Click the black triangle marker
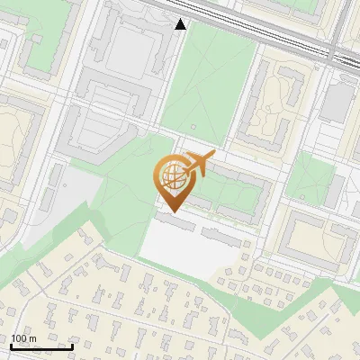click(181, 24)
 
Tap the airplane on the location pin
click(200, 163)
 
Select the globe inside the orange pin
click(172, 177)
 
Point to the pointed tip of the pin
click(172, 211)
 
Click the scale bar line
click(41, 346)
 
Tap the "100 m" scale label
click(23, 338)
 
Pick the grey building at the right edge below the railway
click(338, 101)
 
